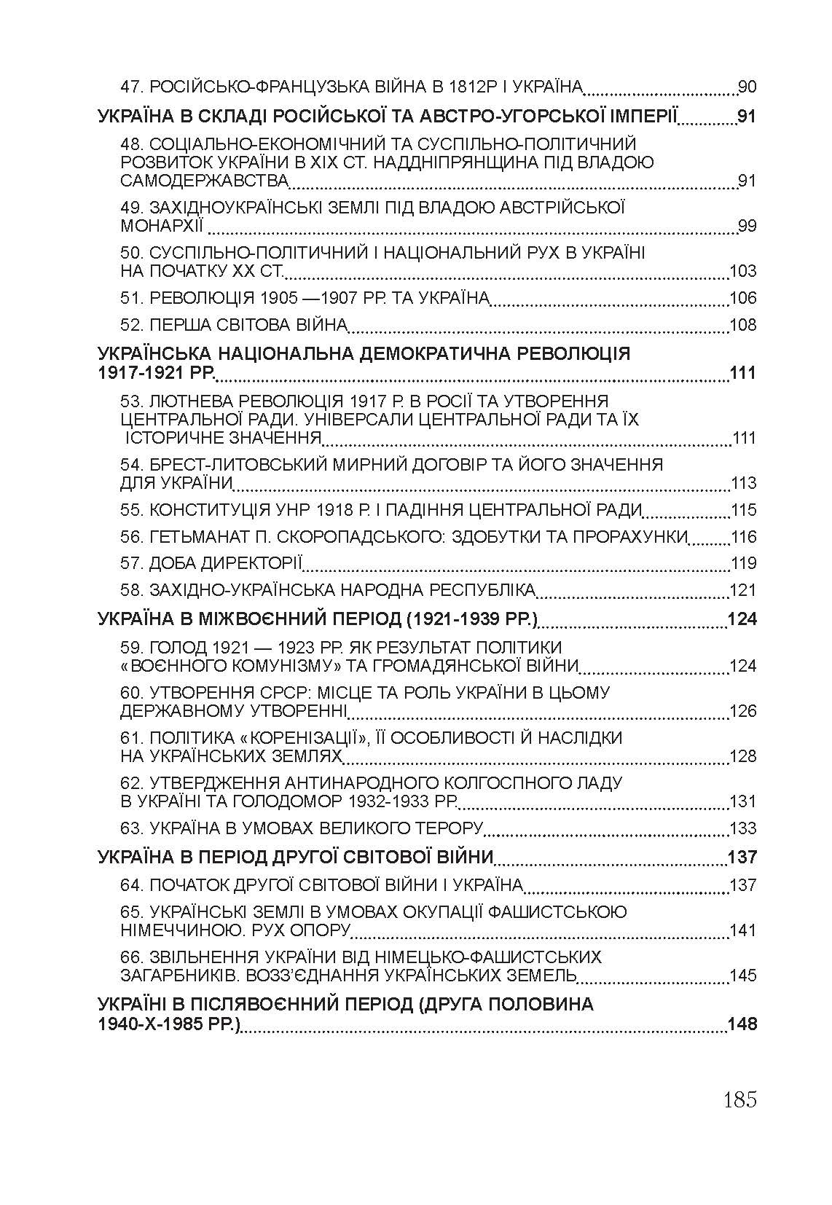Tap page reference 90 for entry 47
[747, 87]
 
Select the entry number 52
[133, 325]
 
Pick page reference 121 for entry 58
[743, 591]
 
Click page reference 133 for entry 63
[743, 828]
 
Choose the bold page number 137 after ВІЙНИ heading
[742, 857]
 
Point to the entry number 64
[133, 885]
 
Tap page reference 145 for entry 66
[743, 976]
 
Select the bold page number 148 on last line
[742, 1024]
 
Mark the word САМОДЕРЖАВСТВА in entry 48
[205, 181]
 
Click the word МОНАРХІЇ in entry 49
[162, 226]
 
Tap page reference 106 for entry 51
[743, 298]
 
